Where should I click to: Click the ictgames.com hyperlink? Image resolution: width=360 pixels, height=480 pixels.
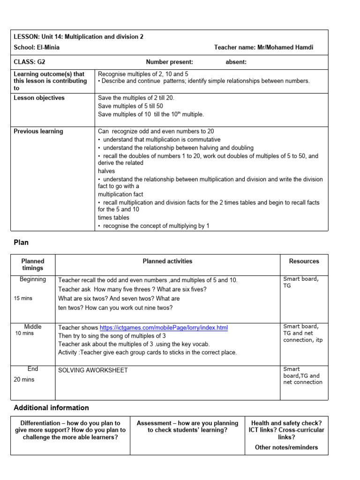point(164,328)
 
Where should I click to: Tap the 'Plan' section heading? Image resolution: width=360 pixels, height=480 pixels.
point(21,242)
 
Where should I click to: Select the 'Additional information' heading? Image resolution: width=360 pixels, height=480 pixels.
point(51,407)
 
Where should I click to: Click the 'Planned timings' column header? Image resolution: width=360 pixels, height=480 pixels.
point(33,264)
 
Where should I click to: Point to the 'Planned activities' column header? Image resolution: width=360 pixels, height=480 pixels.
point(167,261)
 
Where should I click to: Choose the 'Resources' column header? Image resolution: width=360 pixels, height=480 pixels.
point(304,261)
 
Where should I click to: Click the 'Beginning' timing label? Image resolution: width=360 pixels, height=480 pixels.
point(33,279)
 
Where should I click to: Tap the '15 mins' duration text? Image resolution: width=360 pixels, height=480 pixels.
point(23,298)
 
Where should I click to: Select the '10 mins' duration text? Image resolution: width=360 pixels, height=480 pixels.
point(25,333)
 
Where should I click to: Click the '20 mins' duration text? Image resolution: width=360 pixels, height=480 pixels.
point(24,379)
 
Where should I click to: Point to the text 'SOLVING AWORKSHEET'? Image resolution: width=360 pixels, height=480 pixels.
point(93,370)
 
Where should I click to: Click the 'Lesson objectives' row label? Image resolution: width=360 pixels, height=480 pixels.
point(39,98)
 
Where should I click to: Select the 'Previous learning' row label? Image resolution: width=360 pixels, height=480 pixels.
point(38,131)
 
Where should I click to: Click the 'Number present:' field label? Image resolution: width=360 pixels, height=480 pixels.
point(169,62)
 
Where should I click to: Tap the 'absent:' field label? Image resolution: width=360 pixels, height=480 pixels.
point(236,62)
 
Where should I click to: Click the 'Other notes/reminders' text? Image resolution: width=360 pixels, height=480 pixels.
point(286,447)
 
